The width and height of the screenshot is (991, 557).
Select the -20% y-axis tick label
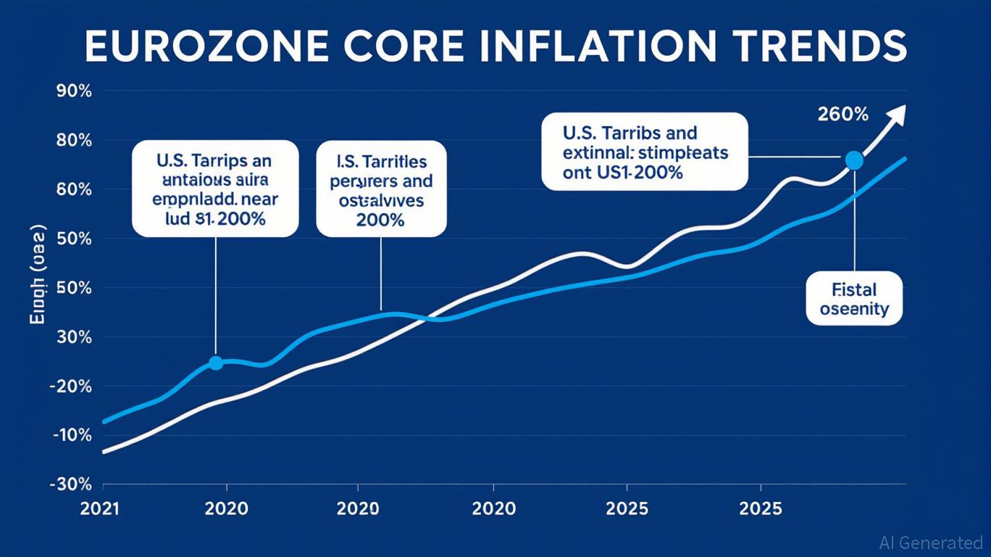click(70, 386)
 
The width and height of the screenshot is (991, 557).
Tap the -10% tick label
click(70, 435)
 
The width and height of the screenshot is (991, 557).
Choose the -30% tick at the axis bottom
click(70, 484)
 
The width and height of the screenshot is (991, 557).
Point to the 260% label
click(842, 114)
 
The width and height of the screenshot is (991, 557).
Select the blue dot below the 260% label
click(854, 161)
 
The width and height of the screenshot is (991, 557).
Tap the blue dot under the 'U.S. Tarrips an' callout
click(215, 363)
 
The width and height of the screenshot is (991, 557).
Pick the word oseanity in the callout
click(854, 309)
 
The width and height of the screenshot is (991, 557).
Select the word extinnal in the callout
click(595, 154)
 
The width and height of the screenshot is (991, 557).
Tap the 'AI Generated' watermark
click(931, 542)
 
